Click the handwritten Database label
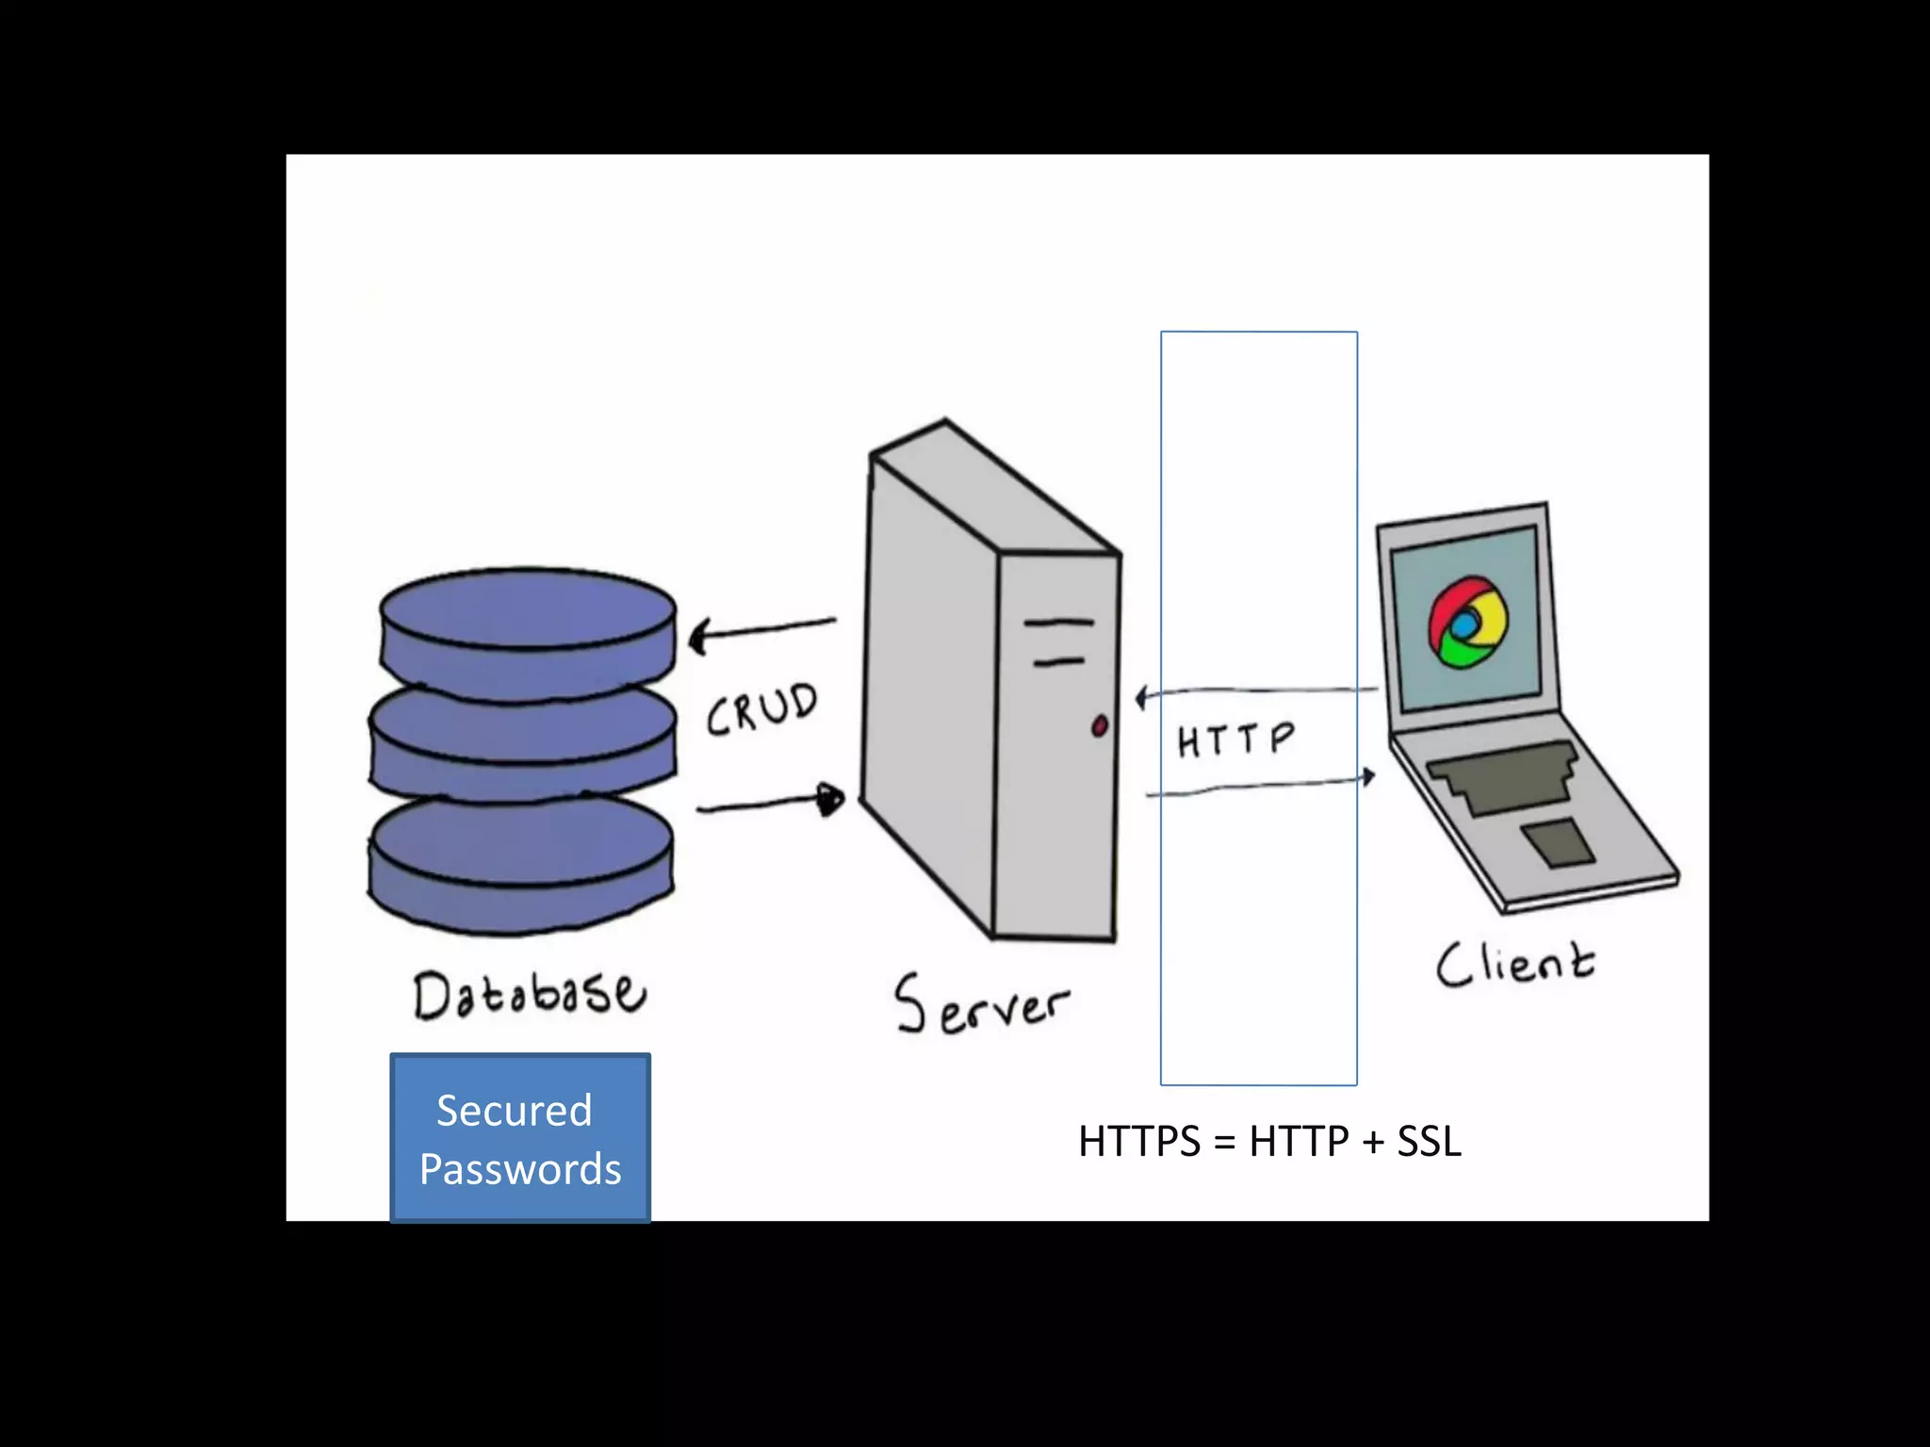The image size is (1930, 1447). click(x=530, y=994)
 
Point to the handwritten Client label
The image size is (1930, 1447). click(x=1514, y=964)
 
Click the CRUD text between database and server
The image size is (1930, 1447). click(x=762, y=708)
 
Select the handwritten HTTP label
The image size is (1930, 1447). click(x=1235, y=740)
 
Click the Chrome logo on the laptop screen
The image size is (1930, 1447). click(x=1467, y=623)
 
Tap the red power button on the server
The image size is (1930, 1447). click(x=1099, y=726)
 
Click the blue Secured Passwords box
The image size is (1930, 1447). click(x=520, y=1137)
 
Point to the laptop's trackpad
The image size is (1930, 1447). click(x=1558, y=841)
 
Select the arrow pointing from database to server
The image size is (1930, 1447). click(x=771, y=803)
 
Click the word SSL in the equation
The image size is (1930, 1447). click(x=1429, y=1142)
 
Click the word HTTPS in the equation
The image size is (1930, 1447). click(x=1139, y=1142)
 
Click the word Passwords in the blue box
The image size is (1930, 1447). click(x=520, y=1169)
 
